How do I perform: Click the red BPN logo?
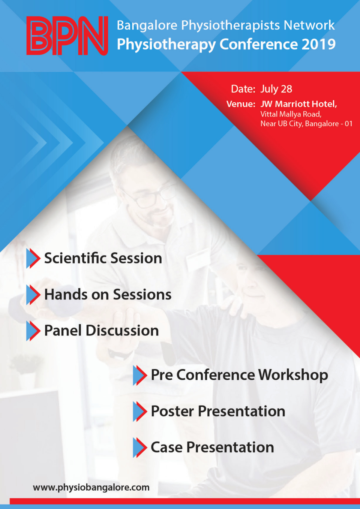[67, 36]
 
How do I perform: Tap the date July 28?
[276, 89]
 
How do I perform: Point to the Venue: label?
[241, 104]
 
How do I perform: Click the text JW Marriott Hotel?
[298, 104]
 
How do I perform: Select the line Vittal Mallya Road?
[291, 114]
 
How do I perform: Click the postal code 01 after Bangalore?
[348, 124]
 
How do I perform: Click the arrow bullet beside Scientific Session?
[33, 258]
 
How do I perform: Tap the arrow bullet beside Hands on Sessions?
[33, 295]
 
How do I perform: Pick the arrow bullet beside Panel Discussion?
[33, 331]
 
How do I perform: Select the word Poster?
[172, 411]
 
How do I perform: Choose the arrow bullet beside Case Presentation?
[140, 448]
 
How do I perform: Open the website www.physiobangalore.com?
[91, 487]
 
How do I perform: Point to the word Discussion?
[122, 331]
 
